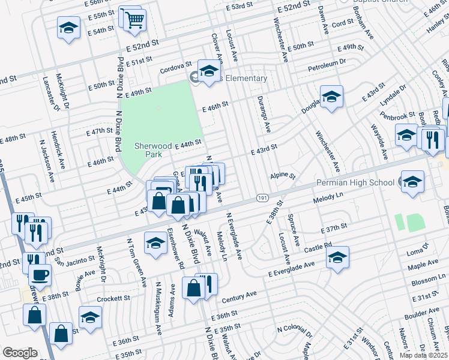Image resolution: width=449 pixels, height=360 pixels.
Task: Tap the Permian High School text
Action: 355,182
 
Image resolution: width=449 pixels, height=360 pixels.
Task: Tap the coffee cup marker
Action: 40,275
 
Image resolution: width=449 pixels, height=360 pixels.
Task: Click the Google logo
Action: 20,352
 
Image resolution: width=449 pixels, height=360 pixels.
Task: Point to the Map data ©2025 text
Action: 423,355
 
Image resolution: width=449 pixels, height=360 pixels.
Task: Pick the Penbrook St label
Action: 397,115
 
